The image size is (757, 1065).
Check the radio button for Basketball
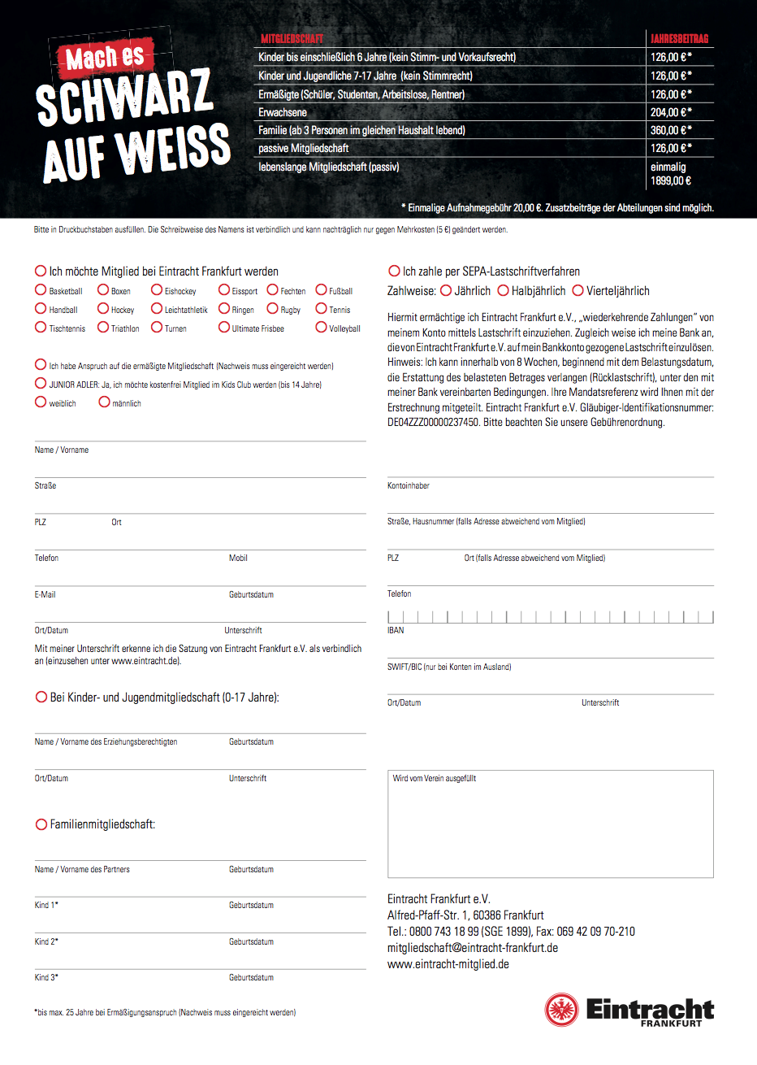point(41,290)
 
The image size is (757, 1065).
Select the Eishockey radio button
point(157,290)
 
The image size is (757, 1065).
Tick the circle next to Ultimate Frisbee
point(224,328)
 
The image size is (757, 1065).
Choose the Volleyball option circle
point(321,328)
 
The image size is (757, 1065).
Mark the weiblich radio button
point(41,402)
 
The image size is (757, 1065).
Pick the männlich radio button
point(104,402)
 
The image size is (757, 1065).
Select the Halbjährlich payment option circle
point(503,290)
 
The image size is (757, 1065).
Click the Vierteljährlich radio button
point(578,290)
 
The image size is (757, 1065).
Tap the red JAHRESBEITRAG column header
point(679,39)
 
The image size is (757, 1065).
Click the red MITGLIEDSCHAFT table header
point(292,39)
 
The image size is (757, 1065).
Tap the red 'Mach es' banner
point(103,58)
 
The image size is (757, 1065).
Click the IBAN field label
point(396,631)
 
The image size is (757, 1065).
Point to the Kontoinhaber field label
point(409,486)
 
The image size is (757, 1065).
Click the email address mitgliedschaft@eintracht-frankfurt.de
point(473,948)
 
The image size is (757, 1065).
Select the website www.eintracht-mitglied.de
point(448,964)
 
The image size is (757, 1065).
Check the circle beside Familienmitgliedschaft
point(41,824)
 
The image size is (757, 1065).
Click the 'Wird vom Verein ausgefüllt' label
point(435,779)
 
